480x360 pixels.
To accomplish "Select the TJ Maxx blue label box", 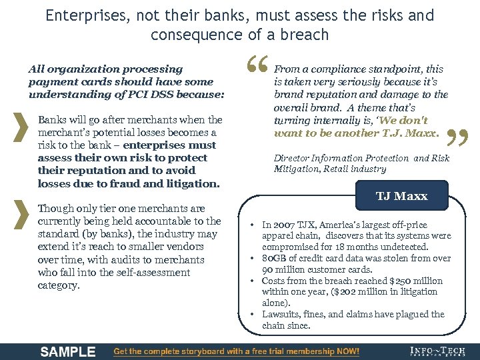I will pyautogui.click(x=401, y=196).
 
